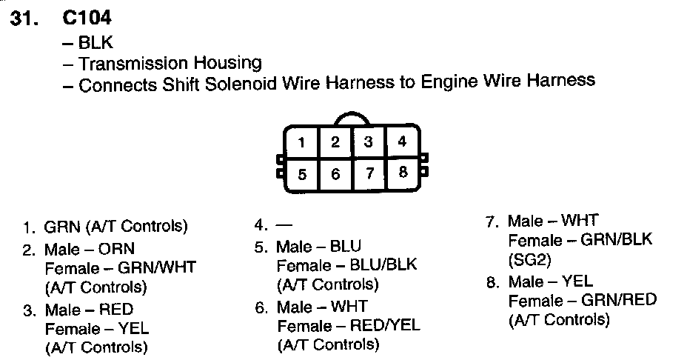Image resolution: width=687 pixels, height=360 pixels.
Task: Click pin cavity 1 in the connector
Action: [x=302, y=142]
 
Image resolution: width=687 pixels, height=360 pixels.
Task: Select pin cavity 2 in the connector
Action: [x=335, y=142]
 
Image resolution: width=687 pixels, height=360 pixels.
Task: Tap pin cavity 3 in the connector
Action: [x=368, y=142]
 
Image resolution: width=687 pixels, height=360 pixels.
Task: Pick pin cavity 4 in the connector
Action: [x=401, y=141]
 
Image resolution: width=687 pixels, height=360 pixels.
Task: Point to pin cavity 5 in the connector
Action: [x=302, y=175]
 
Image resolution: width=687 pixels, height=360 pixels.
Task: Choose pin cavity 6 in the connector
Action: [x=335, y=175]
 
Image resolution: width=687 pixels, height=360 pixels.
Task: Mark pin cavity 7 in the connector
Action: [x=369, y=175]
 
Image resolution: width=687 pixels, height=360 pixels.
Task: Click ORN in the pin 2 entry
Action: [x=119, y=249]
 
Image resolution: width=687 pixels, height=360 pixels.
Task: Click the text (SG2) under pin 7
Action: [x=530, y=259]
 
